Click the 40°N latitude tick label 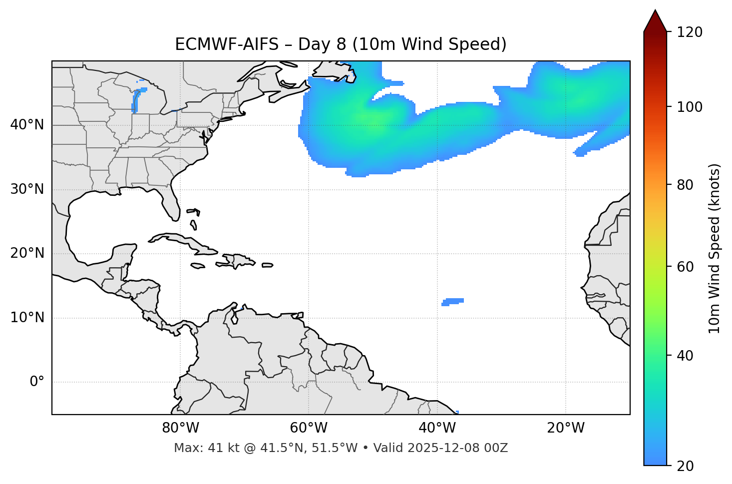[27, 125]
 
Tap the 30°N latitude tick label [27, 189]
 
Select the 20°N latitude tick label [27, 253]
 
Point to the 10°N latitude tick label [27, 318]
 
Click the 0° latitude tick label [37, 382]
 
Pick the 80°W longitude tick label [180, 428]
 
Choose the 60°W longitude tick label [309, 428]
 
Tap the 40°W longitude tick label [437, 428]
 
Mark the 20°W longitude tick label [566, 428]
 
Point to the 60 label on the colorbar [685, 267]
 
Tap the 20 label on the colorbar [685, 466]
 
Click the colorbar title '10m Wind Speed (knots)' [715, 248]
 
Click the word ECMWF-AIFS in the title [227, 44]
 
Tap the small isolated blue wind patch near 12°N [453, 301]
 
